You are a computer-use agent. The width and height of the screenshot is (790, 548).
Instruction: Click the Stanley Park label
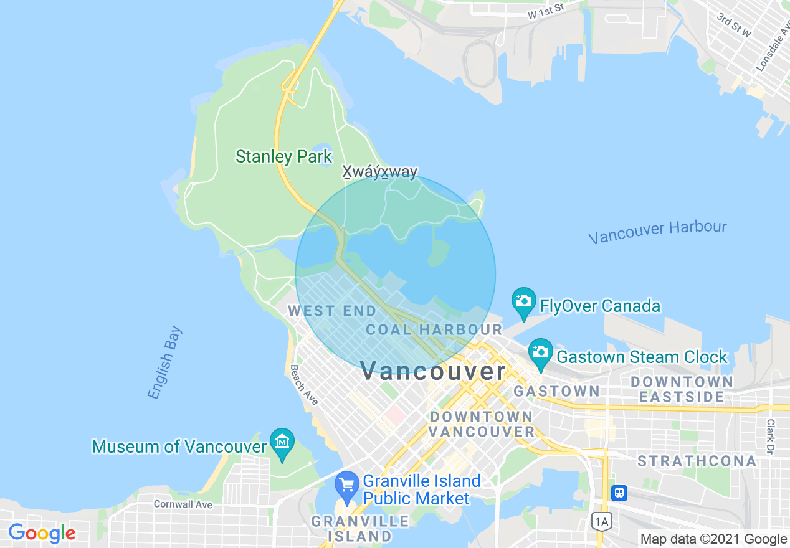pyautogui.click(x=283, y=156)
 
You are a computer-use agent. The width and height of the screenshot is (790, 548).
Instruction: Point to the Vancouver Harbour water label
pyautogui.click(x=657, y=232)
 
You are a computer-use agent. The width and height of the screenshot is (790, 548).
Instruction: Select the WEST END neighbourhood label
pyautogui.click(x=332, y=311)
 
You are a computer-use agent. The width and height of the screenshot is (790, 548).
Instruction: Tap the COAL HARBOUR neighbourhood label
pyautogui.click(x=434, y=329)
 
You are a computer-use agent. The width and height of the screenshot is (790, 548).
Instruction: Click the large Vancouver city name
pyautogui.click(x=434, y=371)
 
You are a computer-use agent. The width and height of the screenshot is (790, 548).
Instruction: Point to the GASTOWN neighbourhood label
pyautogui.click(x=556, y=391)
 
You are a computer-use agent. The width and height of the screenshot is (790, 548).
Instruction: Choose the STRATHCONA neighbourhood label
pyautogui.click(x=697, y=461)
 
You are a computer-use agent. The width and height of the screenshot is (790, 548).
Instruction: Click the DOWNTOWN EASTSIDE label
pyautogui.click(x=682, y=389)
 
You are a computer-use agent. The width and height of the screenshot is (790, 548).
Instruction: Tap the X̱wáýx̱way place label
pyautogui.click(x=380, y=172)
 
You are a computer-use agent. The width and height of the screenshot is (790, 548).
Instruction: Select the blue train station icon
pyautogui.click(x=619, y=493)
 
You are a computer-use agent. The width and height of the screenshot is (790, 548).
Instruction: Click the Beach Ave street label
pyautogui.click(x=303, y=385)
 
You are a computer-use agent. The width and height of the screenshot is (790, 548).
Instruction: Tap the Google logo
pyautogui.click(x=42, y=533)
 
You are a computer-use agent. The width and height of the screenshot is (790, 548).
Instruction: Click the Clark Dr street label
pyautogui.click(x=771, y=435)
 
